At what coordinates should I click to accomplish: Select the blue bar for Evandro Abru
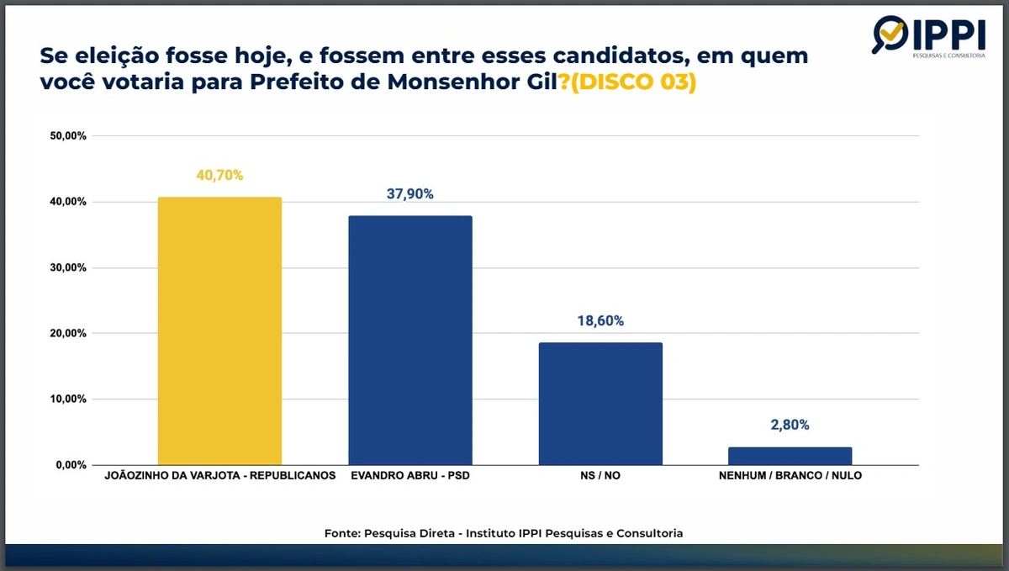tap(410, 340)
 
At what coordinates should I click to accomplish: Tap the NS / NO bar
tap(600, 403)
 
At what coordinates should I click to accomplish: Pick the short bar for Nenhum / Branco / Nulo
tap(790, 455)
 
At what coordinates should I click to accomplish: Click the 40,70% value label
tap(219, 176)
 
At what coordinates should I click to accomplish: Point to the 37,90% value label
tap(410, 194)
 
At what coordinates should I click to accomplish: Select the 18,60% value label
tap(600, 321)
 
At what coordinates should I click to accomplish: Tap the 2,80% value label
tap(790, 426)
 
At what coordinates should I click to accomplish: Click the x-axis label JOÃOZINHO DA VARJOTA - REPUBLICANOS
tap(219, 476)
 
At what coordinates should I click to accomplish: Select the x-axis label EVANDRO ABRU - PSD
tap(410, 476)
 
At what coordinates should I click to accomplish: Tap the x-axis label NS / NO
tap(600, 476)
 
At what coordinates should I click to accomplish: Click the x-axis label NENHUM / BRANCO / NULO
tap(790, 476)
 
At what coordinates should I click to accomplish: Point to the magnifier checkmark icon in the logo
tap(890, 34)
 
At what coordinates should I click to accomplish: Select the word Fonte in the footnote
tap(342, 533)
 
